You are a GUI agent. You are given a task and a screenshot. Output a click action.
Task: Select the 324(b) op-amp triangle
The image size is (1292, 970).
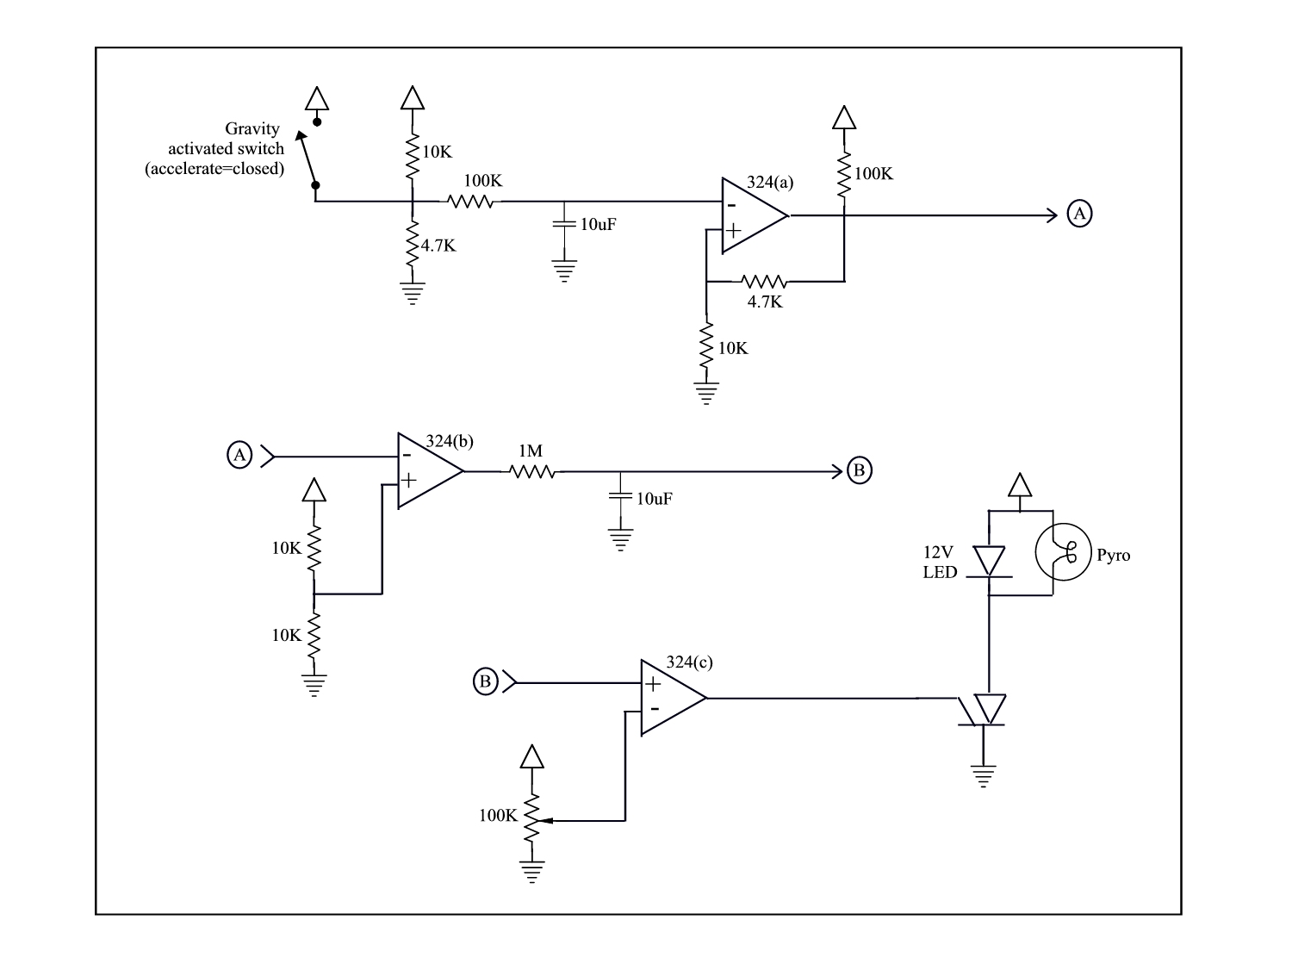coord(430,471)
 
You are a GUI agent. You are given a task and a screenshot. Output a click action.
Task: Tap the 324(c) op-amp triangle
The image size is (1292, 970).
coord(673,698)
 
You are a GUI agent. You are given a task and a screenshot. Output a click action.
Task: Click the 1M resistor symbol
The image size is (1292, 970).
coord(532,471)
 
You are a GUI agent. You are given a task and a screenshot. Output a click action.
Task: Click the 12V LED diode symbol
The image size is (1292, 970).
coord(989,562)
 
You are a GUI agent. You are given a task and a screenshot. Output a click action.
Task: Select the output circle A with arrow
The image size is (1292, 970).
coord(1079,213)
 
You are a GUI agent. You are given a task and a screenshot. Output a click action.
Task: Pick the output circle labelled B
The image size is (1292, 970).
coord(860,470)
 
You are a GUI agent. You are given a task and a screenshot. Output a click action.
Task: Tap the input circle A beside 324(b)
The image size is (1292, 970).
coord(239,455)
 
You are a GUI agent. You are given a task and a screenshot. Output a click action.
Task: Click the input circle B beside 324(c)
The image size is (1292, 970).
coord(486,681)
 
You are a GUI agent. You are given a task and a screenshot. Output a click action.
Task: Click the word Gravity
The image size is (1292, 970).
coord(252,129)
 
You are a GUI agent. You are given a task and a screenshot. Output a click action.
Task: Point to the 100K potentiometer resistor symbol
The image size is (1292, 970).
coord(532,818)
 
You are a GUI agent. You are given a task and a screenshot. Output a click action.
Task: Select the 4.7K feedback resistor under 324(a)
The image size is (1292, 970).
coord(764,282)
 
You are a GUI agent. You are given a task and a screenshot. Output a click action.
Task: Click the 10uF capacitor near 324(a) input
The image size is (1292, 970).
coord(564,224)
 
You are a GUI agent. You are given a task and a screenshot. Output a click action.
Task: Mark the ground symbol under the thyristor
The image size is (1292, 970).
coord(984,776)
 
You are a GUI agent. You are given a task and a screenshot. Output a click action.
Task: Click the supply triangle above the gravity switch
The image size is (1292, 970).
coord(317,98)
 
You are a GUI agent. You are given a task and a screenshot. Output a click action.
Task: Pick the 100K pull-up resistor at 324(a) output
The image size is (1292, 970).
coord(845,174)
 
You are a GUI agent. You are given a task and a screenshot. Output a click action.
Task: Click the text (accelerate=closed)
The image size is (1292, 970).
coord(214,169)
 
